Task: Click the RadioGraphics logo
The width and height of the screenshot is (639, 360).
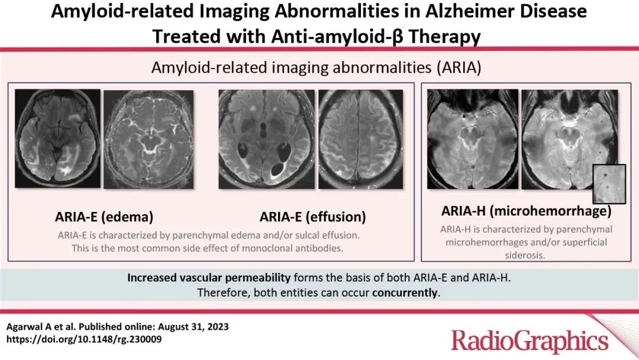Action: coord(530,340)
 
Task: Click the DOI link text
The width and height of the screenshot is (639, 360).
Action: coord(84,339)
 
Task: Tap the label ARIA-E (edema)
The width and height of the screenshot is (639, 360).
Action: coord(104,217)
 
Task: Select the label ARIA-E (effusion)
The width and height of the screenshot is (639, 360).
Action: coord(312,217)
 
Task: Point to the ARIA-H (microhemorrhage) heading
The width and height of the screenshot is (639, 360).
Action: coord(526,211)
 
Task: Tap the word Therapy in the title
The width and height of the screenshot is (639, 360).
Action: coord(444,36)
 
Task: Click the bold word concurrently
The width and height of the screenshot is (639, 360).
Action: coord(405,292)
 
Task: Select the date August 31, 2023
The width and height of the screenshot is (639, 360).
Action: coord(193,327)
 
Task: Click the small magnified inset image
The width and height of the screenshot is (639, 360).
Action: coord(609,184)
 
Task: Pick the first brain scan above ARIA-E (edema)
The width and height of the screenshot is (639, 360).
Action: coord(57,139)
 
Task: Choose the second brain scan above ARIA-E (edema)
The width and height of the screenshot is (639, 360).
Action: coord(149,139)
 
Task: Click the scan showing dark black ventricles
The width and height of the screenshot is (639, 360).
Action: coord(266,139)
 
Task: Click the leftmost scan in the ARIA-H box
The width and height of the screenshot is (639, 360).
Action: coord(473,139)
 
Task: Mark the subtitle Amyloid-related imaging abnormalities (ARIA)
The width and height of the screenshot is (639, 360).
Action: coord(316,67)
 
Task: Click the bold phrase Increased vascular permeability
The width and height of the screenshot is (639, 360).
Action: coord(209,278)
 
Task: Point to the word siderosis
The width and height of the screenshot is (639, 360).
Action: coord(525,255)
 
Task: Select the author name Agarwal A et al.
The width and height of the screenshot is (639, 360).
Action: coord(40,327)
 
